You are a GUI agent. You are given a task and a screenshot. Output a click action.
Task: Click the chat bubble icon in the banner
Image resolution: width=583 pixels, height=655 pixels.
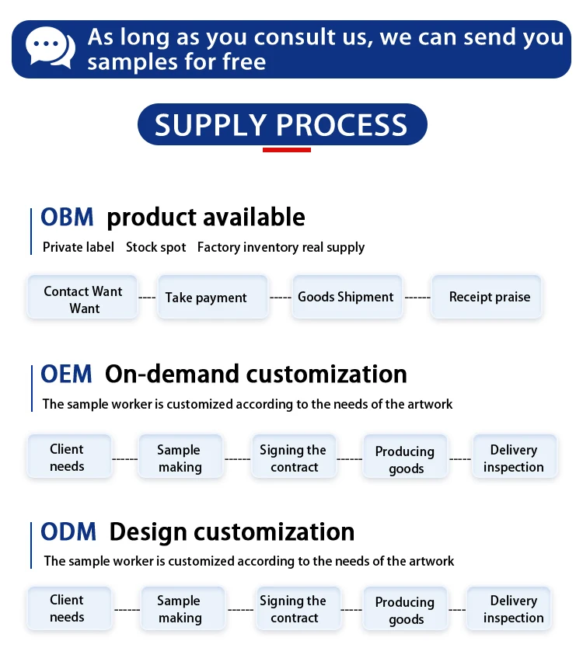[51, 47]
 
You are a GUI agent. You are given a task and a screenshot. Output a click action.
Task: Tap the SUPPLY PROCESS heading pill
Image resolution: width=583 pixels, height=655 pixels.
[282, 124]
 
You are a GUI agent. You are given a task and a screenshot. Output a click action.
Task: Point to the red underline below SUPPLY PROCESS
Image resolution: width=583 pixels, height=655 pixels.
[287, 150]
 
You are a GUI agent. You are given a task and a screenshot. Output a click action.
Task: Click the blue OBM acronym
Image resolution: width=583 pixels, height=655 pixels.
[67, 218]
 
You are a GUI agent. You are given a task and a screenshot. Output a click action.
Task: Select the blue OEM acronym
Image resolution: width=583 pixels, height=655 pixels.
[66, 374]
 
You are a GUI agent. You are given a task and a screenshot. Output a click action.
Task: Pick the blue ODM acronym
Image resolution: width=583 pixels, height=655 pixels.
[68, 531]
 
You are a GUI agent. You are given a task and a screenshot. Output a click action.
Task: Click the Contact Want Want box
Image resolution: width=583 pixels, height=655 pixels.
[82, 297]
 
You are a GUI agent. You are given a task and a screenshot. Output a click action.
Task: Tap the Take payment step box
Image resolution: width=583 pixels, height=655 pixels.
[213, 297]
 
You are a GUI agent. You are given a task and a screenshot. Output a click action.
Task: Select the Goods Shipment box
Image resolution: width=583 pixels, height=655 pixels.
[347, 297]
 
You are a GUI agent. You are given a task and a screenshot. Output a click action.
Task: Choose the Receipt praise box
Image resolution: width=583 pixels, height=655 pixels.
[487, 297]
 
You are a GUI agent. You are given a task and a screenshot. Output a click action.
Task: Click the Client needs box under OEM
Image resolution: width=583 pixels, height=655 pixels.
[69, 457]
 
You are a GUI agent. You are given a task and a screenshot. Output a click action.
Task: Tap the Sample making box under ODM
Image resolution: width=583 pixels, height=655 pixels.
[183, 608]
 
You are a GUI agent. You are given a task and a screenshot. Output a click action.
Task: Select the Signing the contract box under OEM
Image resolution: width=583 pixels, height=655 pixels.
[294, 457]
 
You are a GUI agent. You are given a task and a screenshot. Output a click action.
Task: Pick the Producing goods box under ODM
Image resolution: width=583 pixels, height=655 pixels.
[406, 608]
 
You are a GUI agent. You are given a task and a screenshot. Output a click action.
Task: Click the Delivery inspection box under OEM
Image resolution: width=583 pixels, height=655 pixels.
[515, 457]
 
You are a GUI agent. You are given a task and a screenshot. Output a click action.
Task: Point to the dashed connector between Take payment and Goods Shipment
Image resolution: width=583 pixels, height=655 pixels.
[281, 298]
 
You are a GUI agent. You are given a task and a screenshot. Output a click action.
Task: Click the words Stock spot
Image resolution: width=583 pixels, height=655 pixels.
[156, 247]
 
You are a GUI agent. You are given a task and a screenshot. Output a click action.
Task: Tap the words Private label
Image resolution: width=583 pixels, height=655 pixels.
[79, 247]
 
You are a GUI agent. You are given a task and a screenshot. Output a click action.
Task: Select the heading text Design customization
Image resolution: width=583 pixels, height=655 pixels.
[232, 532]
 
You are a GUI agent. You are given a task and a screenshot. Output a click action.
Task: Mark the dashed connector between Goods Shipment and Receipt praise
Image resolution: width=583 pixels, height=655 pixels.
[417, 298]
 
